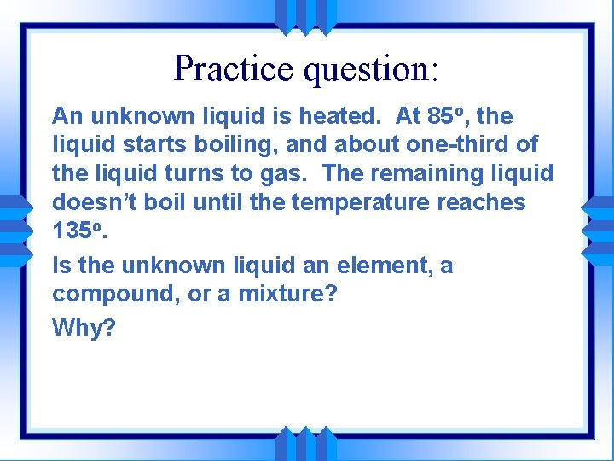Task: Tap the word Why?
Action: (84, 327)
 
